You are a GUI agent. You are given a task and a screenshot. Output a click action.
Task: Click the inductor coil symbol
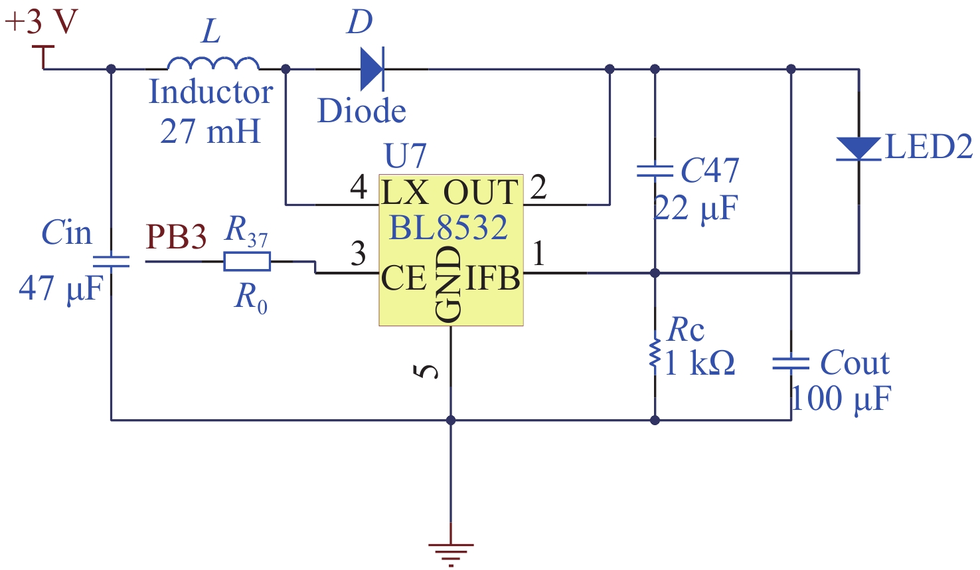[213, 63]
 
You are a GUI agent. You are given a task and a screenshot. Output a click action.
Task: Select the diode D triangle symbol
[372, 68]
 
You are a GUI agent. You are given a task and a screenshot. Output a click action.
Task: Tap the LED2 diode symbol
[858, 149]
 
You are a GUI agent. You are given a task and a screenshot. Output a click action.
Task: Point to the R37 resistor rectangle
[247, 261]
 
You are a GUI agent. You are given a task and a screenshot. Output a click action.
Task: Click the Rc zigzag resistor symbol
[655, 353]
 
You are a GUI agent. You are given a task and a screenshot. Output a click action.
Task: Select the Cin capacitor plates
[111, 261]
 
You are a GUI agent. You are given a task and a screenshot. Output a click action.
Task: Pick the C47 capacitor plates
[655, 171]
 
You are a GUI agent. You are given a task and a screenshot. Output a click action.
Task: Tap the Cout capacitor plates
[791, 363]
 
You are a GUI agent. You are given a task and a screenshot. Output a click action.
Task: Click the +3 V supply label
[42, 21]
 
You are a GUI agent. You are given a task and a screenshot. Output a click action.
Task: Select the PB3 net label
[176, 237]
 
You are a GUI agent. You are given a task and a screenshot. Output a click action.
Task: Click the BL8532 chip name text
[448, 228]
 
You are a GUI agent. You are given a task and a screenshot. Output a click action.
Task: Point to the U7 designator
[405, 156]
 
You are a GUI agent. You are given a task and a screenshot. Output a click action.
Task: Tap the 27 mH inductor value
[210, 131]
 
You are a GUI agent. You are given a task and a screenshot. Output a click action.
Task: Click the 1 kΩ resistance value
[699, 363]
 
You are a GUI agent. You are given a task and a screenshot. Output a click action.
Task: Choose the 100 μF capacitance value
[841, 399]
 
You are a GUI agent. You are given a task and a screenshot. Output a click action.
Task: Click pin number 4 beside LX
[359, 187]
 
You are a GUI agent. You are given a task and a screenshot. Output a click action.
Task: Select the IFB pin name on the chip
[493, 278]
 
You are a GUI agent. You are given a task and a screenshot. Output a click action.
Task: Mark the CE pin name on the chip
[404, 278]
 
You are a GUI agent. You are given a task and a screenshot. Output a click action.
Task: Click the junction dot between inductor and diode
[286, 68]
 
